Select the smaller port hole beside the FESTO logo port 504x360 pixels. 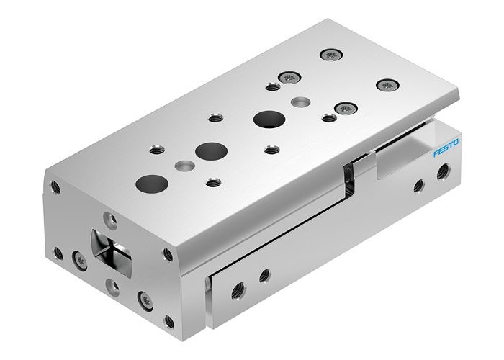point(418,185)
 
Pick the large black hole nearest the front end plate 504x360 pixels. point(149,183)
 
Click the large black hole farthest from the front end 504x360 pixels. point(267,120)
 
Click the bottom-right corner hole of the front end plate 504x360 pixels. point(169,320)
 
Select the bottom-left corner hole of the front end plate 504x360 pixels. point(58,252)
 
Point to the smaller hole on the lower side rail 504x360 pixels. point(264,274)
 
